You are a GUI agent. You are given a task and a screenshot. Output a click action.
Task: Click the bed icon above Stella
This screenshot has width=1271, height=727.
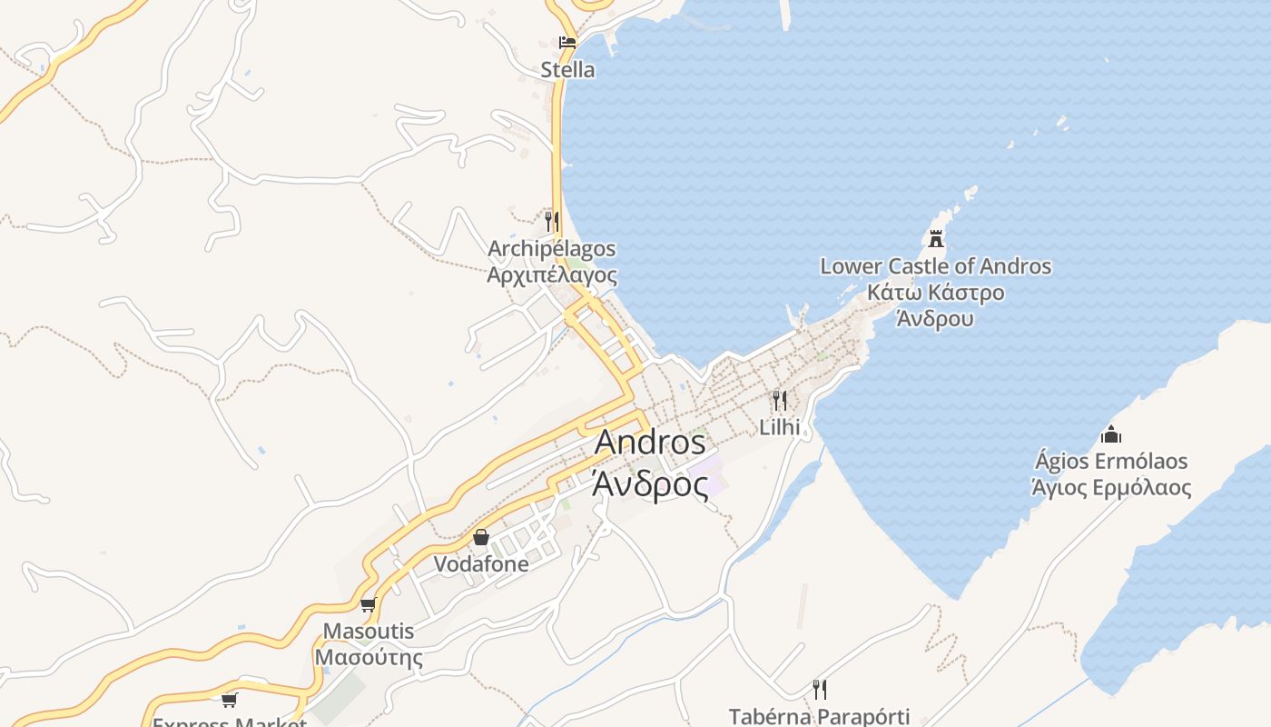[567, 42]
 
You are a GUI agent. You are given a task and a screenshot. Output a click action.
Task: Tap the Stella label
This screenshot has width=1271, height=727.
[567, 70]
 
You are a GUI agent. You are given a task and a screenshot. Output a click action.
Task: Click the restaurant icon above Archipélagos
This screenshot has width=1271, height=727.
[551, 220]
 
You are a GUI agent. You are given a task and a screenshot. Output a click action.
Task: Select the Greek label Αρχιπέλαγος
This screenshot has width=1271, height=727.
[552, 275]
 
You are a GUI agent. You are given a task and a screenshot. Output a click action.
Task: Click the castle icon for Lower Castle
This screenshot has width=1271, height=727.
[936, 239]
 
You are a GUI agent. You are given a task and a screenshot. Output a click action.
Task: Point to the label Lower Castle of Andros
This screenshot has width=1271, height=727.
[935, 266]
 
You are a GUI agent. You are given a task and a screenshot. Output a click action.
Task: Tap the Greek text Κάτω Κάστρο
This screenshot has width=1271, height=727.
[935, 293]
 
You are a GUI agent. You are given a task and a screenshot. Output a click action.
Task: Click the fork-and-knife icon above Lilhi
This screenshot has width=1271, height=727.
[779, 400]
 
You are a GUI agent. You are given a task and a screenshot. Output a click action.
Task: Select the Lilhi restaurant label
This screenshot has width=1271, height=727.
[779, 427]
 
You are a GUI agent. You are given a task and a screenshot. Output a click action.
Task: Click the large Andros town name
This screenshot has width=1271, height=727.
[650, 443]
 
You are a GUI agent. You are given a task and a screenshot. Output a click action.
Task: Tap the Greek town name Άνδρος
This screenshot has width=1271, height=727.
[650, 484]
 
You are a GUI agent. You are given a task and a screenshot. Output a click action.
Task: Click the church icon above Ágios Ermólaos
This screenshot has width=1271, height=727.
[1110, 434]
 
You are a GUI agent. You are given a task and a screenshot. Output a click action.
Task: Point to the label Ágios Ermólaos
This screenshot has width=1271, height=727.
[1111, 461]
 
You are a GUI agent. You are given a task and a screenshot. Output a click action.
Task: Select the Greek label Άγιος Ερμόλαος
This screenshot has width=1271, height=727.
[1111, 487]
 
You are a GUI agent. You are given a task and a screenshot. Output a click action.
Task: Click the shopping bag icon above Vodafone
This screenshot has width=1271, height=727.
[481, 537]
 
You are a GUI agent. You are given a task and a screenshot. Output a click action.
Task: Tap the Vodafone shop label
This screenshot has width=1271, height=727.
[481, 563]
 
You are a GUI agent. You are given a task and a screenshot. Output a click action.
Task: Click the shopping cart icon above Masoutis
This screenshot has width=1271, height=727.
[368, 604]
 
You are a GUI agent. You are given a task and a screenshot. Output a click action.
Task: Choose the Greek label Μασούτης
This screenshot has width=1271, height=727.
[368, 657]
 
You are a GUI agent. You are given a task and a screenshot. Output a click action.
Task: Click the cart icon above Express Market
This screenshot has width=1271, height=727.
[230, 699]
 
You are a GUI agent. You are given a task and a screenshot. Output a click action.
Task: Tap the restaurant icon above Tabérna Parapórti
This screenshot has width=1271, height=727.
[819, 690]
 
